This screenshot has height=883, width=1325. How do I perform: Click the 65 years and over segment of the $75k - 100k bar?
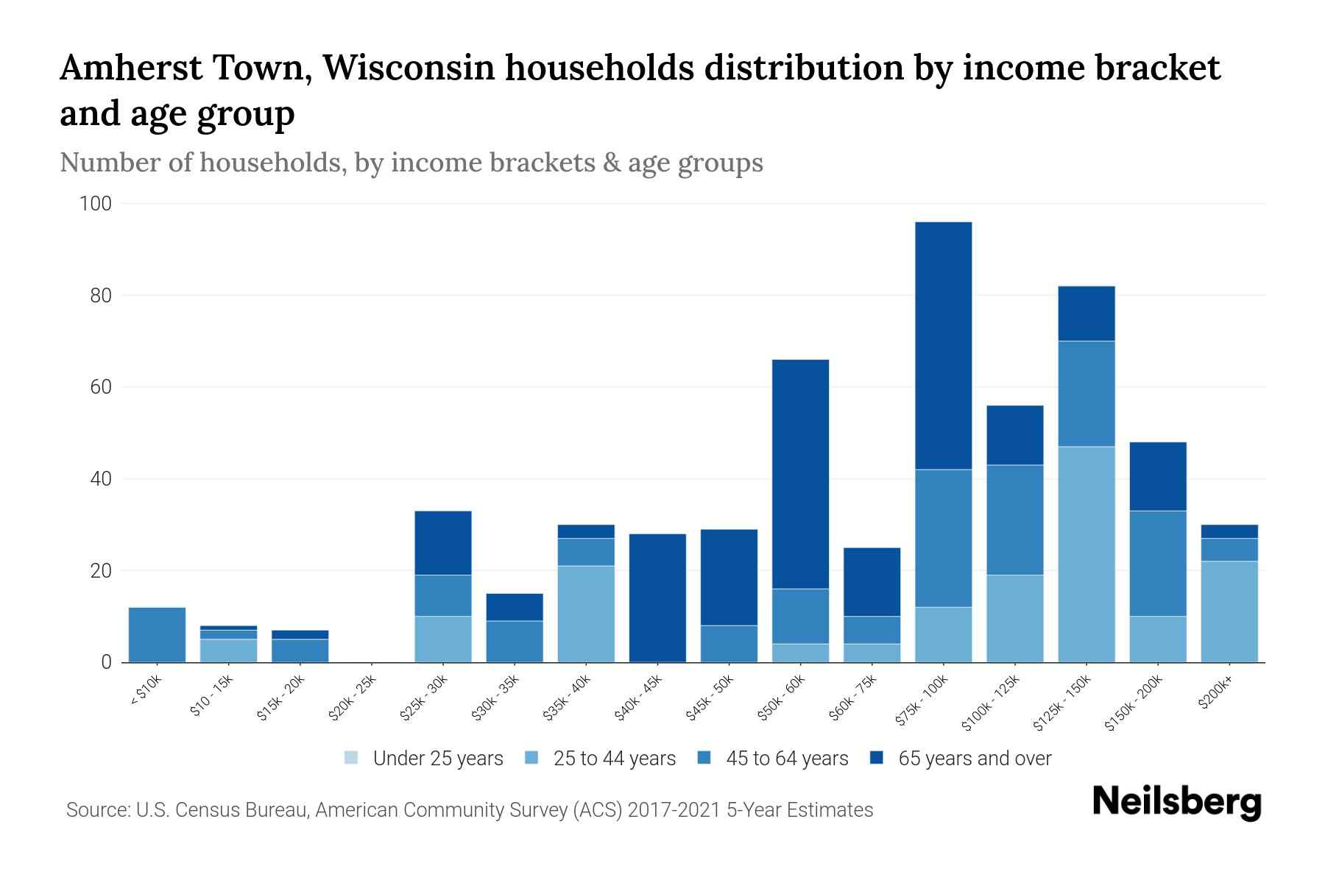point(943,346)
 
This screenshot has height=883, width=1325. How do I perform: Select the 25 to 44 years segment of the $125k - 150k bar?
point(1086,554)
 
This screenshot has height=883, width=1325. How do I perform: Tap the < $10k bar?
point(157,634)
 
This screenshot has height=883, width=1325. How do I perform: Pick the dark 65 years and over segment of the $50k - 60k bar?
point(800,474)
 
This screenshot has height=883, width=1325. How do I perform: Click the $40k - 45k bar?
point(657,597)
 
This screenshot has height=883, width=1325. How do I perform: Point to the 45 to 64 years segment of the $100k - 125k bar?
point(1014,519)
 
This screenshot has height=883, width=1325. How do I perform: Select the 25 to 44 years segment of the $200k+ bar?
point(1229,611)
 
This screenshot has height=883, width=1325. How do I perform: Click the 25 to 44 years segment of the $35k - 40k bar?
point(586,614)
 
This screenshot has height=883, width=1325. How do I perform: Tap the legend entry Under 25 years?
point(438,758)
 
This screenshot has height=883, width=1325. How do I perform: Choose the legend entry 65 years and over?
point(974,758)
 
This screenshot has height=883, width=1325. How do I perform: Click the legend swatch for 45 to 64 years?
point(704,757)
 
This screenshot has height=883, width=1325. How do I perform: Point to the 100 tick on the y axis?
point(96,204)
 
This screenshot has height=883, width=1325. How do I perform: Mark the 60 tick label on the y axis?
point(100,387)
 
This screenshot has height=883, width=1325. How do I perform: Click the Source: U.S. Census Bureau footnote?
point(469,810)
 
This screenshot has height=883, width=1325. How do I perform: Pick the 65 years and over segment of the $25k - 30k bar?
point(442,542)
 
